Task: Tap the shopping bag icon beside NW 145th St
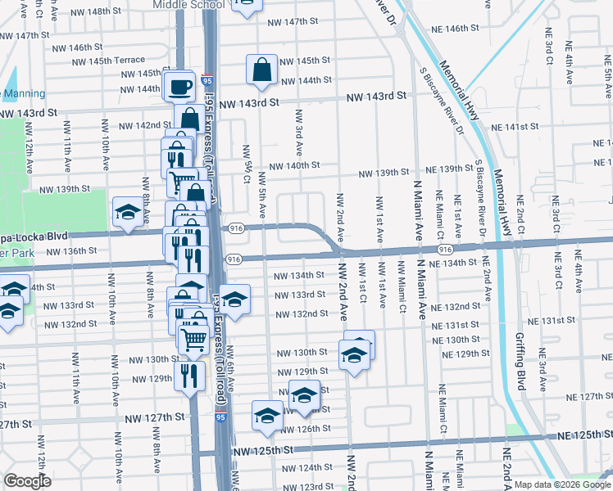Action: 261,70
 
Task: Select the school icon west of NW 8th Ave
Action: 127,213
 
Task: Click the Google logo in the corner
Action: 27,480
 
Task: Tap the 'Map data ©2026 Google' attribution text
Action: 561,484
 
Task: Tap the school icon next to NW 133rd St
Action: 234,300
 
